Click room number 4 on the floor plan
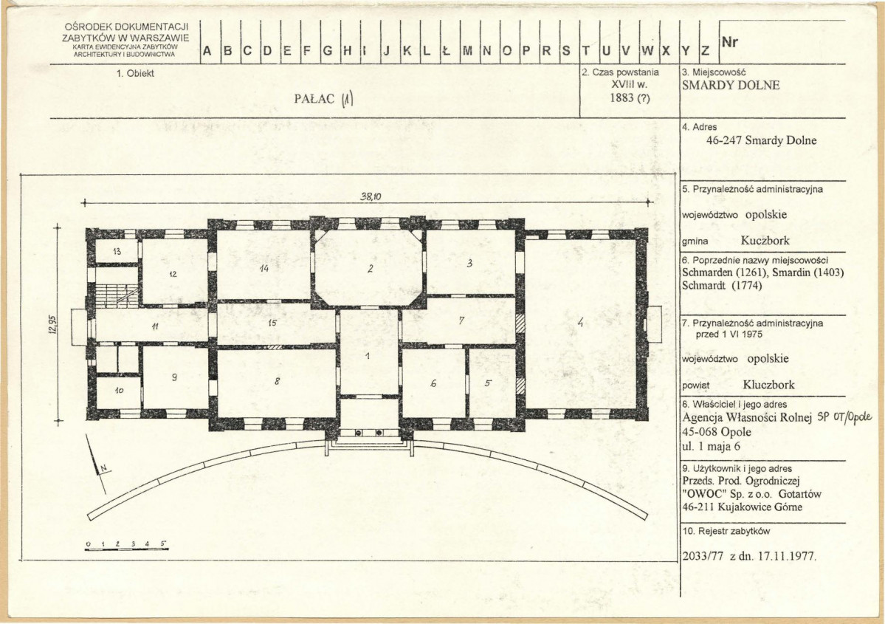tap(579, 323)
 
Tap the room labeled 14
tap(264, 268)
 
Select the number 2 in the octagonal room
tap(371, 269)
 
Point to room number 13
tap(117, 251)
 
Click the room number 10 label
tap(119, 390)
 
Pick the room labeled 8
tap(277, 381)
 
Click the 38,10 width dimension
tap(371, 196)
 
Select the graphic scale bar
tap(126, 546)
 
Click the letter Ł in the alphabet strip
tap(446, 51)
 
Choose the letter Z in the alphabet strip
tap(705, 51)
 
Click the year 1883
tap(621, 97)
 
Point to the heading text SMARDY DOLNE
tap(731, 85)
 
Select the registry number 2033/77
tap(703, 555)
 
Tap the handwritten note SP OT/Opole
tap(844, 419)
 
